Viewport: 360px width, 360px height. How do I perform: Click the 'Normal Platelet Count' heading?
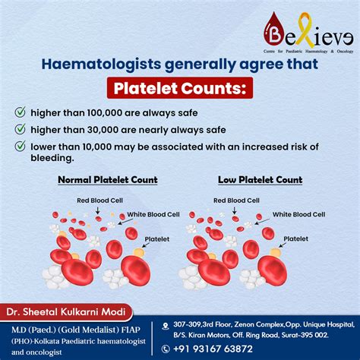(x=108, y=180)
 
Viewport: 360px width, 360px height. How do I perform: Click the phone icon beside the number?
(x=166, y=349)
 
